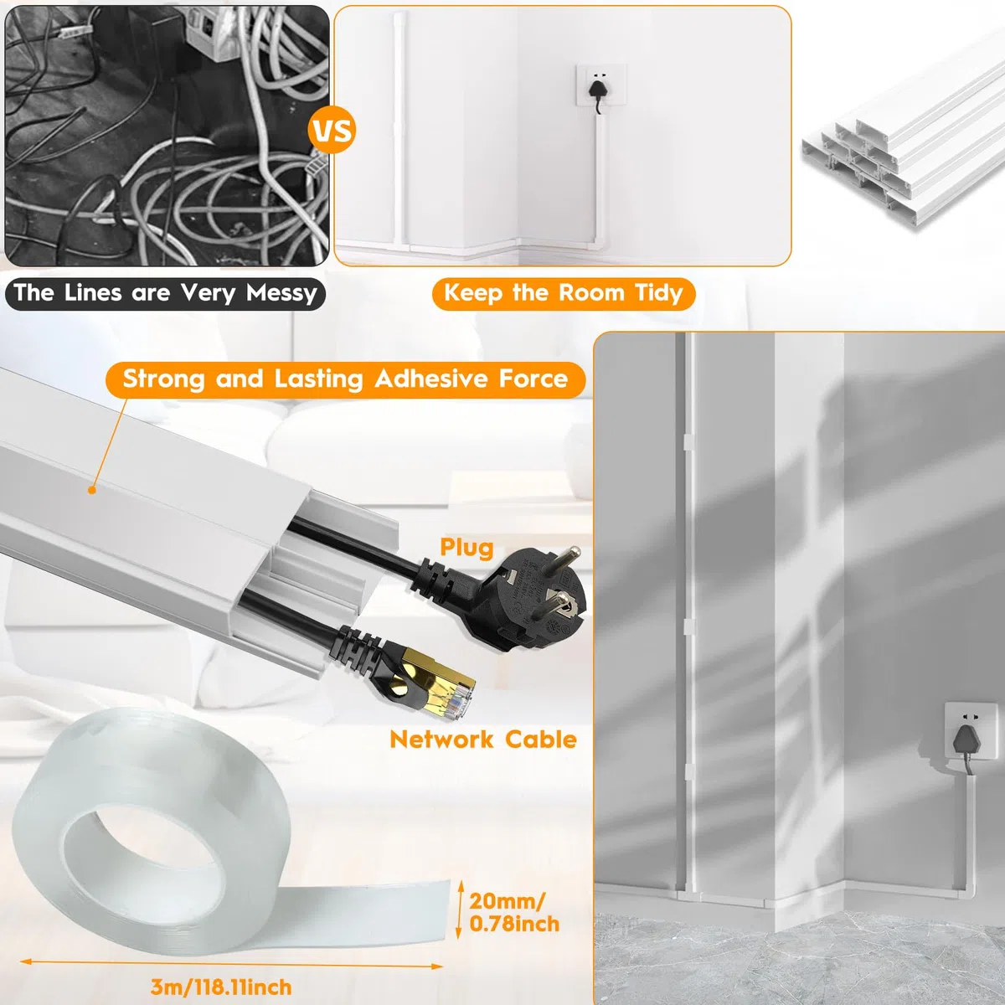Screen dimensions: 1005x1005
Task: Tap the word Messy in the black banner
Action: pos(281,293)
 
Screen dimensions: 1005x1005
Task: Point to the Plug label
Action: pos(466,548)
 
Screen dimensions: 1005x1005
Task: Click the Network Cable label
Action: pos(483,740)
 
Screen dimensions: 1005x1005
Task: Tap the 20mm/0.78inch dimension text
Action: pos(514,912)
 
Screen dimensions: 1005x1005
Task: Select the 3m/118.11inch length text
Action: pos(221,987)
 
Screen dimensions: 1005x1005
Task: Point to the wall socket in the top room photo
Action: pos(600,85)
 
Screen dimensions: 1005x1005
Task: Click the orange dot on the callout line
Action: pos(92,490)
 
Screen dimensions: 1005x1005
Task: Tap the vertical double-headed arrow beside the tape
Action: pos(460,910)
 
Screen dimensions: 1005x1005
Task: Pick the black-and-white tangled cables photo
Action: pos(167,136)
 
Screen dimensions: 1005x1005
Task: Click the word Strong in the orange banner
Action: pos(163,379)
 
